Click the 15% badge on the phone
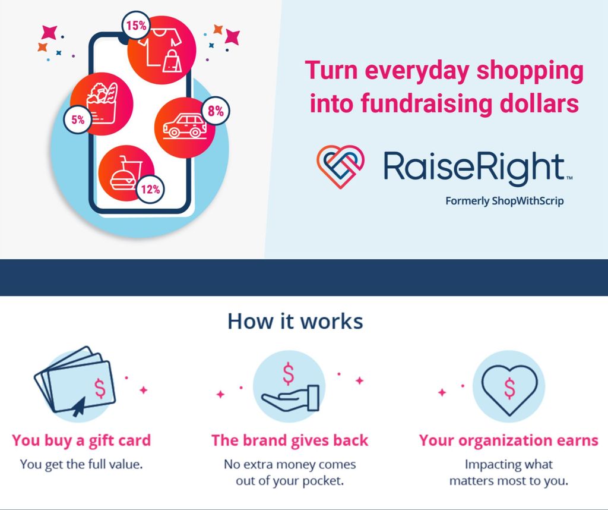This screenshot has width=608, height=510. click(x=136, y=26)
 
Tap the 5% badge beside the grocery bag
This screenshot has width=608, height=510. click(x=78, y=119)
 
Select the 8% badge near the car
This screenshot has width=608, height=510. click(x=216, y=111)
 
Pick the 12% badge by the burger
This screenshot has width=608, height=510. click(x=150, y=190)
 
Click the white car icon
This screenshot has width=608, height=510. click(x=185, y=126)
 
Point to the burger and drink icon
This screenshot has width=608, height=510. click(x=126, y=173)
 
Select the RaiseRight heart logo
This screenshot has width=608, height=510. click(x=340, y=166)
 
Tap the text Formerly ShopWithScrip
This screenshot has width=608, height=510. click(x=504, y=201)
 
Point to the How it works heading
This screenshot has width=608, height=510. click(x=295, y=322)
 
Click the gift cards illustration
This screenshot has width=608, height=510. click(x=75, y=382)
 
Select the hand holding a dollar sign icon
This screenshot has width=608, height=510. click(x=289, y=388)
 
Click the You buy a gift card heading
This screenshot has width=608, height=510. click(x=81, y=441)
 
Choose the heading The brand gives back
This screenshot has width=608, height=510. click(x=290, y=440)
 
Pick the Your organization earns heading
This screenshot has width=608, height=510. click(x=509, y=441)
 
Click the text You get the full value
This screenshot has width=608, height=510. click(x=81, y=464)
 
